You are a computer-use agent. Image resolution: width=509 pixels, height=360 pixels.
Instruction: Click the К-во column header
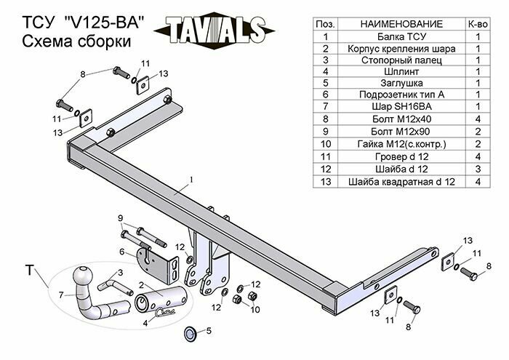point(478,25)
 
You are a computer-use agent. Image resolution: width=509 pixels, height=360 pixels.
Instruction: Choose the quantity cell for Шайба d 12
point(478,169)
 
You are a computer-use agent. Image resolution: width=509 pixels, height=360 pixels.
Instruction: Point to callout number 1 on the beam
point(191,179)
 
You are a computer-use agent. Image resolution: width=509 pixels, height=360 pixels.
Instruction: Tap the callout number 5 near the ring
point(208,332)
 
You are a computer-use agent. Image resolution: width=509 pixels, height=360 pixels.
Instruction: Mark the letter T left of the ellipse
point(28,271)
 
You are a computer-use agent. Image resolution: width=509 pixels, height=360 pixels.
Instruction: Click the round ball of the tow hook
point(81,277)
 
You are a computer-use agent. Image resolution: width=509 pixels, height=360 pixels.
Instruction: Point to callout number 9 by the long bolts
point(120,218)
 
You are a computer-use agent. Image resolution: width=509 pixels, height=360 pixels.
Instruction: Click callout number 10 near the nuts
point(254,310)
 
